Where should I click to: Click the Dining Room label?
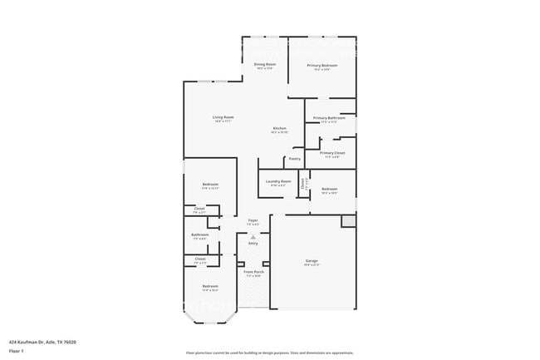pyautogui.click(x=265, y=64)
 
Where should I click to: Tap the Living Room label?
pyautogui.click(x=223, y=117)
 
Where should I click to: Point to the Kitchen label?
pyautogui.click(x=280, y=128)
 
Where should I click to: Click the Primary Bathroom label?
pyautogui.click(x=329, y=118)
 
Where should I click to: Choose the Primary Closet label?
pyautogui.click(x=332, y=153)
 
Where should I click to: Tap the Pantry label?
pyautogui.click(x=294, y=158)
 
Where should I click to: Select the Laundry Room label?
pyautogui.click(x=278, y=181)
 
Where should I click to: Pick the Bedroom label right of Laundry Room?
pyautogui.click(x=329, y=189)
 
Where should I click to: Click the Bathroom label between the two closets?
pyautogui.click(x=199, y=234)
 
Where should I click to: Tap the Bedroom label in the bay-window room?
pyautogui.click(x=209, y=287)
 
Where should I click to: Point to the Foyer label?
pyautogui.click(x=253, y=220)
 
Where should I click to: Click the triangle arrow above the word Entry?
pyautogui.click(x=253, y=237)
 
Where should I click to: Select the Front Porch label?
pyautogui.click(x=253, y=272)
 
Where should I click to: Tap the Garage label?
pyautogui.click(x=312, y=261)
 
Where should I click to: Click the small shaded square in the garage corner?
pyautogui.click(x=348, y=220)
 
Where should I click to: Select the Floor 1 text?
pyautogui.click(x=17, y=351)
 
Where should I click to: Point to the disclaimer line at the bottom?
pyautogui.click(x=269, y=353)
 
